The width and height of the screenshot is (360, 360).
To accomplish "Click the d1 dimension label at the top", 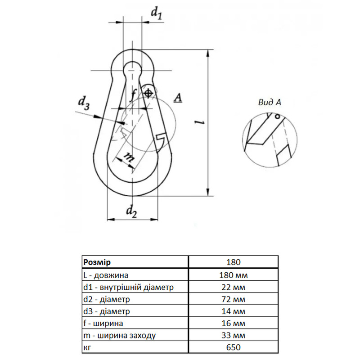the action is [x=156, y=13].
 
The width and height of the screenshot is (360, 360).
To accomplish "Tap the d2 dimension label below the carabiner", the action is [x=131, y=211].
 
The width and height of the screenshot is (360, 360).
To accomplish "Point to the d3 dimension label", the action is [x=84, y=103].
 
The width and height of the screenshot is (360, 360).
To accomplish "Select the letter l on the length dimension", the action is [x=199, y=122].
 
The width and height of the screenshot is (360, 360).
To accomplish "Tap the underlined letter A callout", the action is [x=178, y=98].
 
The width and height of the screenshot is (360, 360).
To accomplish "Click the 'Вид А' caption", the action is [x=270, y=103].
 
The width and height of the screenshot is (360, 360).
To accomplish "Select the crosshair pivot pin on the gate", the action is [x=148, y=93].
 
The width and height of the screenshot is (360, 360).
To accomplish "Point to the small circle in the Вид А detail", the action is [x=278, y=117].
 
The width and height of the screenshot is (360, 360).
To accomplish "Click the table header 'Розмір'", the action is [x=97, y=262].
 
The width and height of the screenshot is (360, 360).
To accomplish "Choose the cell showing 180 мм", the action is [x=233, y=275].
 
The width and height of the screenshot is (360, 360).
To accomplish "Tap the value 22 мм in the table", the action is [x=233, y=287].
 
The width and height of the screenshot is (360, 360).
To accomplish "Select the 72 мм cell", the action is [x=233, y=299].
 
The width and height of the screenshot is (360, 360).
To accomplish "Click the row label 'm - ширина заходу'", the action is [x=119, y=335].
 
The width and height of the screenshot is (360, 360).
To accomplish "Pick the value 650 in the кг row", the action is [x=233, y=347].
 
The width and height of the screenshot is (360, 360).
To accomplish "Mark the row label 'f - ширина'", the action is [x=103, y=323].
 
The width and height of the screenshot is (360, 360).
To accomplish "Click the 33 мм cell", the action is [x=233, y=335].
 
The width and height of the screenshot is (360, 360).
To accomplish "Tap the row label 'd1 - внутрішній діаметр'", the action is [x=128, y=287].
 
